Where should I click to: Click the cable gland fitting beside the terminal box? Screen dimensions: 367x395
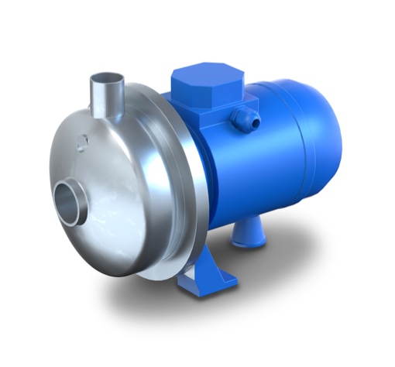click(x=242, y=118)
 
